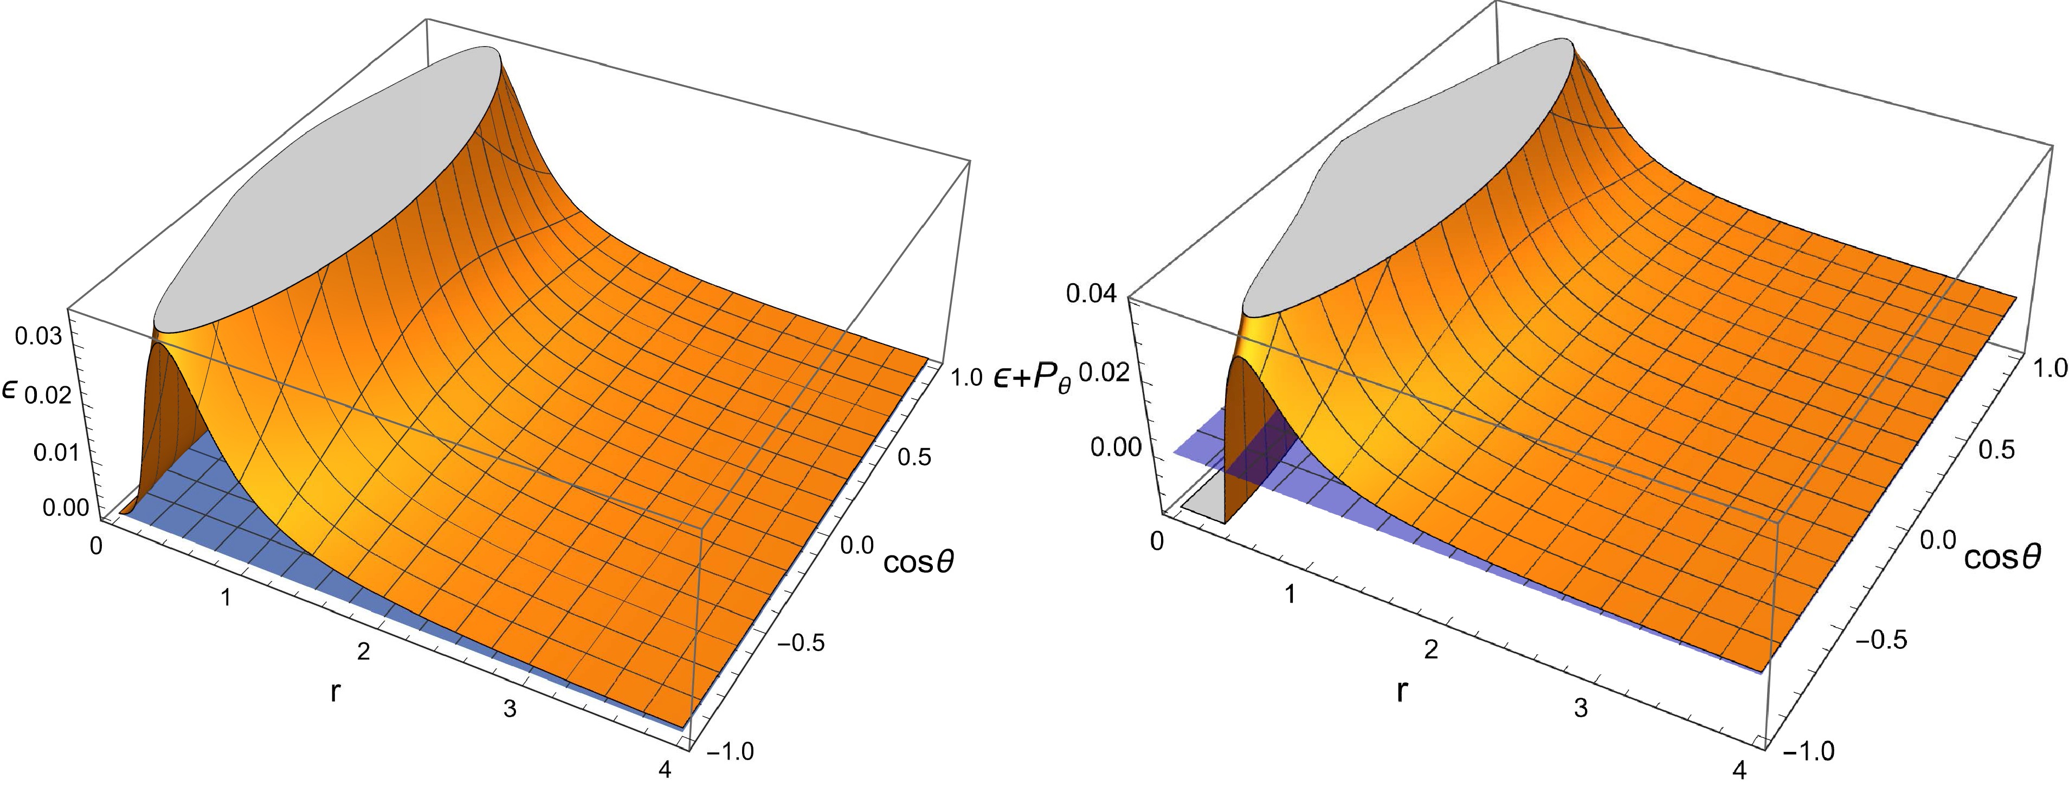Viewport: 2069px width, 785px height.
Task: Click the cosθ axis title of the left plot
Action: click(x=919, y=563)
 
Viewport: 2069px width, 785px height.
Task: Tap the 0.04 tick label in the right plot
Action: click(x=1091, y=294)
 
